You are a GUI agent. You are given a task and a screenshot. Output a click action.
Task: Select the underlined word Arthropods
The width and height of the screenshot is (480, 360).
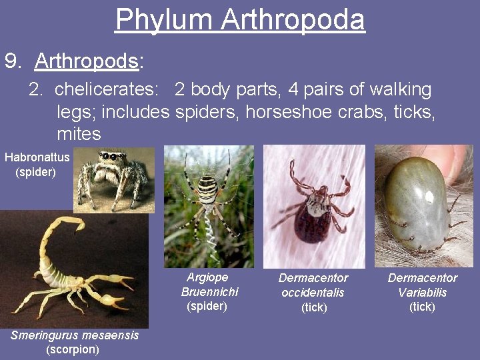click(87, 62)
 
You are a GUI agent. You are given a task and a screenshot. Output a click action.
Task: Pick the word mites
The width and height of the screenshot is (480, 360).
click(79, 134)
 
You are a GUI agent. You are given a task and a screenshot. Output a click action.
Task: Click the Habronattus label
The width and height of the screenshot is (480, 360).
click(37, 158)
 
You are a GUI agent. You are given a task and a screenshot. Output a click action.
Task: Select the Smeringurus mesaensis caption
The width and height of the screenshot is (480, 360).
click(75, 335)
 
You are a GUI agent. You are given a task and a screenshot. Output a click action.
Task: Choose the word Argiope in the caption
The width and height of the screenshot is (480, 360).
click(207, 277)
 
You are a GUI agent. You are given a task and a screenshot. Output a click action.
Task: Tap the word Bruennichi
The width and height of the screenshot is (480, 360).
click(209, 292)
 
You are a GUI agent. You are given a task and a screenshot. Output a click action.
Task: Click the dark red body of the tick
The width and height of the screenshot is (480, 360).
click(312, 223)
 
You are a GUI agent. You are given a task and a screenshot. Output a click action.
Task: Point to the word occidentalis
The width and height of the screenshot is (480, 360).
click(313, 293)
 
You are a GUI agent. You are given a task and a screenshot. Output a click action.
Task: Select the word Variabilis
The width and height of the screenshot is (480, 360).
click(423, 293)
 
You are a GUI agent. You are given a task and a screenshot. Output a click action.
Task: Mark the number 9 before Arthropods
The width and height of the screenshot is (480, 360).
click(11, 62)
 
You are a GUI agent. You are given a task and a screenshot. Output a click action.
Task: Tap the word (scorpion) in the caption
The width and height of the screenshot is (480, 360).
click(72, 349)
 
